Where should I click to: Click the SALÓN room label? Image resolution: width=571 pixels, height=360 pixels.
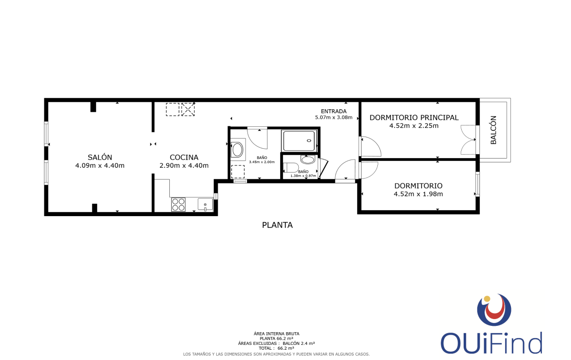(100, 157)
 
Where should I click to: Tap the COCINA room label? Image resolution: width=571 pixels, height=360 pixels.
(184, 157)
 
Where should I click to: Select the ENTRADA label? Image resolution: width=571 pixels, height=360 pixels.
(333, 111)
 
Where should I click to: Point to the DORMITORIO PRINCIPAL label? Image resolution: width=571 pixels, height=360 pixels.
(414, 118)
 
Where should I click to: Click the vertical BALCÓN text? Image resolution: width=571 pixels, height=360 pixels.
(493, 130)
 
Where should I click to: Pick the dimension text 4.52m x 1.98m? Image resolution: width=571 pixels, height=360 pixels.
(418, 194)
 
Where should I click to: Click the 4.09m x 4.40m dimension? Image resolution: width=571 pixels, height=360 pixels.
(100, 166)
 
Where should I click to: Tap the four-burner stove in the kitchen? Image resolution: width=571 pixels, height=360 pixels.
(178, 204)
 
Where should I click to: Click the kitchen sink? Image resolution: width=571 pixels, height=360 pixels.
(205, 204)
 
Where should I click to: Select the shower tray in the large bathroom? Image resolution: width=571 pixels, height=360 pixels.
(299, 140)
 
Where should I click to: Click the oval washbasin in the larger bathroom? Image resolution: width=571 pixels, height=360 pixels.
(238, 150)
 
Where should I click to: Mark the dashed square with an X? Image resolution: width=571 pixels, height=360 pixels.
(188, 110)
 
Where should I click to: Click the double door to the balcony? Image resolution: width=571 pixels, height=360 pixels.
(469, 140)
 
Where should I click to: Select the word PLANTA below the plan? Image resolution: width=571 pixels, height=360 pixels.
(278, 225)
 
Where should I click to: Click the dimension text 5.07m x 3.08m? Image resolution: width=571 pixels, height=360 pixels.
(333, 118)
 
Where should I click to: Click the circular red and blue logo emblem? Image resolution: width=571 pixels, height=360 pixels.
(494, 309)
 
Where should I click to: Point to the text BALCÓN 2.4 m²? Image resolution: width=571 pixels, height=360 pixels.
(299, 343)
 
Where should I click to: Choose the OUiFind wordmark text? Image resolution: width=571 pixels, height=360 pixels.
(491, 343)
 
